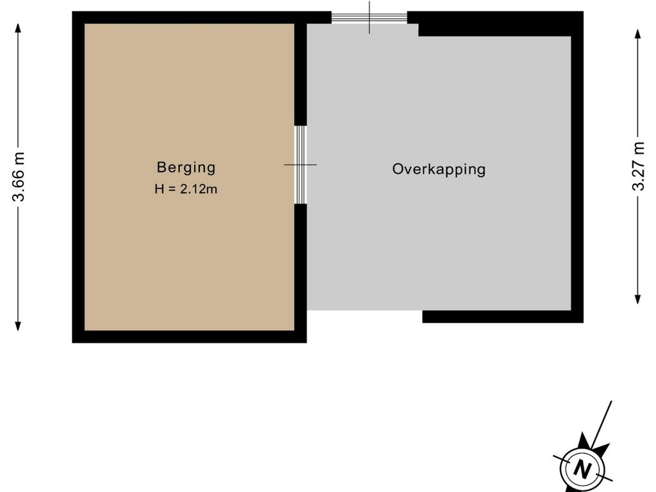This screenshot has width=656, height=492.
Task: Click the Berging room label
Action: tap(186, 167)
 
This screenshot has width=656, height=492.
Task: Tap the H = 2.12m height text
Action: tap(186, 189)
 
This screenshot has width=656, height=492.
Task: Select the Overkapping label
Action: tap(439, 169)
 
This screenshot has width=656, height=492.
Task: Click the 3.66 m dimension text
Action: tap(19, 176)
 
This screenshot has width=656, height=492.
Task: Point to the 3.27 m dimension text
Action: tap(638, 166)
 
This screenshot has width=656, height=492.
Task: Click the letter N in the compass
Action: tap(582, 470)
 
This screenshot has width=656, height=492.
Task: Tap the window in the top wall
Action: tap(370, 17)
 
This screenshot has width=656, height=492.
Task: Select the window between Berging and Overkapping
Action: tap(300, 165)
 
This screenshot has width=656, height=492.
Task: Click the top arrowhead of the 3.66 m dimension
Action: tap(18, 28)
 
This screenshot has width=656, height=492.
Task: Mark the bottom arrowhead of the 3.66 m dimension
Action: tap(18, 326)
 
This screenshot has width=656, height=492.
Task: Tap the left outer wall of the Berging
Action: tap(78, 177)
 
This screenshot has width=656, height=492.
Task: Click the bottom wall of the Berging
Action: tap(189, 337)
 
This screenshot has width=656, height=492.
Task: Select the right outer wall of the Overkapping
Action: tap(577, 167)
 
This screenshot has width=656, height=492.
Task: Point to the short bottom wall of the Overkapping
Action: tap(503, 316)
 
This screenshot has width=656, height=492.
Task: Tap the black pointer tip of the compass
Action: tap(583, 435)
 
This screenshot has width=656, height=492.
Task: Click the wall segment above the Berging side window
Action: tap(300, 74)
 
